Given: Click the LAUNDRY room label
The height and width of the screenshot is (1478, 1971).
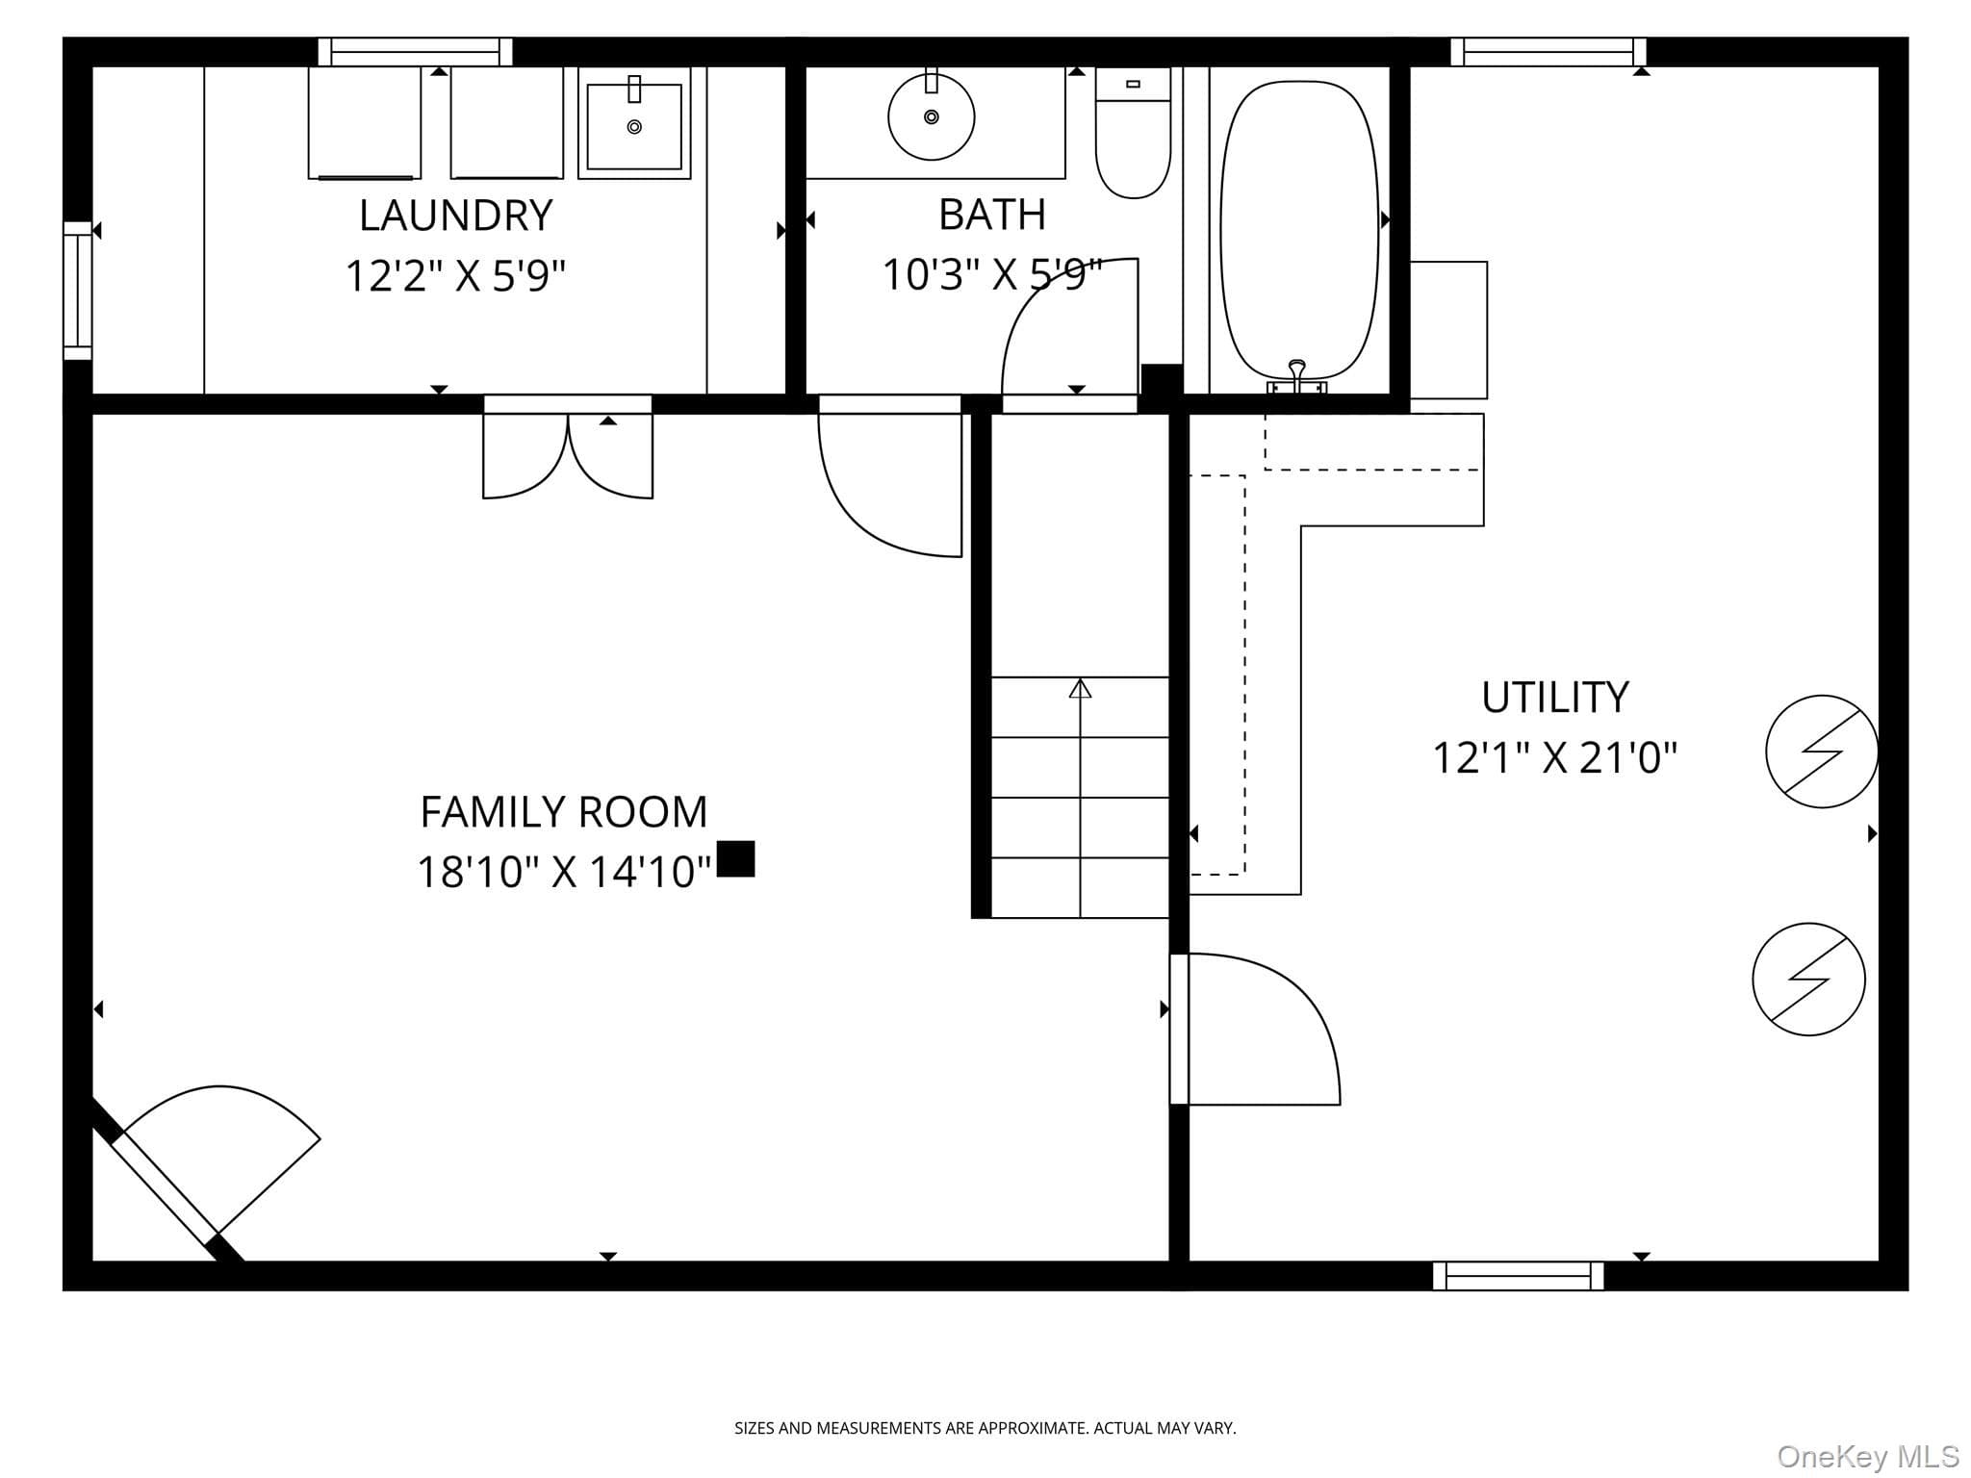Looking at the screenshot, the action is [x=455, y=216].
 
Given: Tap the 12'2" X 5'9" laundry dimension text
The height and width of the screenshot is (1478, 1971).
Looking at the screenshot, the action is [x=455, y=276].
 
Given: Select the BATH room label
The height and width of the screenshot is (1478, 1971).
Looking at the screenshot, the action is [x=992, y=215].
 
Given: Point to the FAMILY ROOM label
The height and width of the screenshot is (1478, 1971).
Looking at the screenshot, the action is [x=564, y=812].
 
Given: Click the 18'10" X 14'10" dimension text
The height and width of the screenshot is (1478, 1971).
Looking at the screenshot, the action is [x=564, y=872].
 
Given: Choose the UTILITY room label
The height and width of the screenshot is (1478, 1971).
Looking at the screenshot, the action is [x=1555, y=698].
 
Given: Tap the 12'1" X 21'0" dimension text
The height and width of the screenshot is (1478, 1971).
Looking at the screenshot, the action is [x=1555, y=757].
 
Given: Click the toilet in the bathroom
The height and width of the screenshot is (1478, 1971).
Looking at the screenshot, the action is [x=1134, y=133].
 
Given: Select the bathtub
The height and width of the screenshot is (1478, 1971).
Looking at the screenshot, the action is [x=1299, y=230].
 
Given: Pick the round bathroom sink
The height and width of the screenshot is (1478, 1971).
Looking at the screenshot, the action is [x=931, y=117].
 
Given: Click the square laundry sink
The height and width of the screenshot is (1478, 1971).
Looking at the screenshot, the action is [x=634, y=123].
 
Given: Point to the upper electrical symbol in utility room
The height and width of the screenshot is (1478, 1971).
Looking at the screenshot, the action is [x=1822, y=752].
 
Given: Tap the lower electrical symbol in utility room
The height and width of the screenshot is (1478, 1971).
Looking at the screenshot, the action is [x=1809, y=980].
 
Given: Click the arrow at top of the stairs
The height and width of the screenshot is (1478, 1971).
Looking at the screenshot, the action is [x=1080, y=688].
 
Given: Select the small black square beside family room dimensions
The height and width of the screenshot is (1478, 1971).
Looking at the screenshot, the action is [x=736, y=858].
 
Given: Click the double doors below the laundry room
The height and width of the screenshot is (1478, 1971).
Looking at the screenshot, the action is [x=568, y=448].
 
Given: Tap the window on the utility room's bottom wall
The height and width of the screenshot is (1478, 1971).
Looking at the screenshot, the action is [x=1519, y=1276].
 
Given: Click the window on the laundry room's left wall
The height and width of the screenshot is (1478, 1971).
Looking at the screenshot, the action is [x=78, y=291].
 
